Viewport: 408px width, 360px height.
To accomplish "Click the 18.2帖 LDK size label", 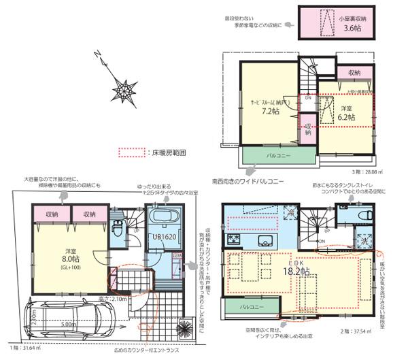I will click(296, 271).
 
